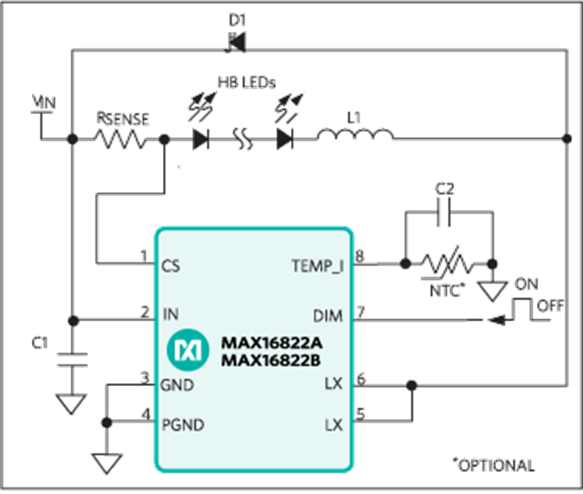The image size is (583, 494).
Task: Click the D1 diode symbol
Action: (236, 43)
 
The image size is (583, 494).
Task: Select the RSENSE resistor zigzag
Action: (120, 139)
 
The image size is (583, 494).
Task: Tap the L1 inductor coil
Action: (355, 134)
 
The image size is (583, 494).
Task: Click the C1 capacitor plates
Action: (72, 360)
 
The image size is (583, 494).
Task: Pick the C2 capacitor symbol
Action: (444, 212)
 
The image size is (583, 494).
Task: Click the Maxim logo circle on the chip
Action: (188, 349)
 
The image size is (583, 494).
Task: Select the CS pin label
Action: (170, 266)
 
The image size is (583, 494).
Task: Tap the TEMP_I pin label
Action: (318, 266)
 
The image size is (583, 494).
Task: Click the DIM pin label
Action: (328, 316)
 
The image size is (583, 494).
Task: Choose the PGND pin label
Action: (183, 424)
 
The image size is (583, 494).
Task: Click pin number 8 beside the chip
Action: (360, 256)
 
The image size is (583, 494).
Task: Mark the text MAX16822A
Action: (272, 343)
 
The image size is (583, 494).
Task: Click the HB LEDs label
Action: (246, 82)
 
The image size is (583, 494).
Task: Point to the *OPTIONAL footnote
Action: (493, 465)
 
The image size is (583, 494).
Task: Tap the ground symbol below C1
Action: (71, 404)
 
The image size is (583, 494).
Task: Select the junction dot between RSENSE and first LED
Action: (165, 139)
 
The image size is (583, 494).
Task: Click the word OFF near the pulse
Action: (550, 306)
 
